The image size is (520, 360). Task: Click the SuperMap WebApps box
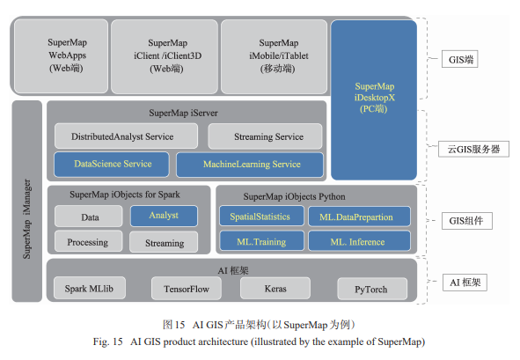(62, 55)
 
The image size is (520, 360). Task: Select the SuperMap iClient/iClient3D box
(165, 56)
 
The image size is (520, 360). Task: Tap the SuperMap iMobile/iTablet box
(274, 56)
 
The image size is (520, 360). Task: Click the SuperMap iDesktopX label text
(375, 98)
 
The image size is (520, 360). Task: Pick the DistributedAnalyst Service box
(126, 136)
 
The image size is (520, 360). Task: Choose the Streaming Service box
(265, 136)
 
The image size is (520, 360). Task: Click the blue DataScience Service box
(112, 165)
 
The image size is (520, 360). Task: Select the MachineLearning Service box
(250, 165)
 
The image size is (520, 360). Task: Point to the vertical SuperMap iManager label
(27, 219)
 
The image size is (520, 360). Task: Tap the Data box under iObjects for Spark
(89, 217)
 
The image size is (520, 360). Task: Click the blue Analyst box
(164, 216)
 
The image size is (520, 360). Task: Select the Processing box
(89, 241)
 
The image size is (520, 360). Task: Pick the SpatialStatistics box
(261, 216)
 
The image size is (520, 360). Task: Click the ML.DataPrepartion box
(360, 217)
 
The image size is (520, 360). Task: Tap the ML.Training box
(261, 241)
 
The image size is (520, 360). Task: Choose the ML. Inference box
(360, 241)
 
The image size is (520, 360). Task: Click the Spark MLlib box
(90, 288)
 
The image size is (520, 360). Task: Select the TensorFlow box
(187, 289)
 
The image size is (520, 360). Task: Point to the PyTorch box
(372, 289)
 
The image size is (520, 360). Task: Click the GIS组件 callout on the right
(467, 221)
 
